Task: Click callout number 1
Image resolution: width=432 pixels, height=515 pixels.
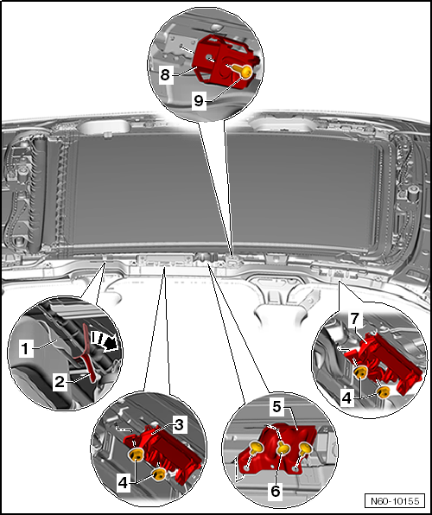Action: pos(27,348)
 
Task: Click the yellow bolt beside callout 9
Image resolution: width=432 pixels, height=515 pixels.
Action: pos(245,73)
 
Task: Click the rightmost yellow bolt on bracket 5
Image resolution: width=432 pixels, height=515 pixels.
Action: pos(304,448)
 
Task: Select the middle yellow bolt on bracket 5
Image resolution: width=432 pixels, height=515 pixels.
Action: pos(282,449)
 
